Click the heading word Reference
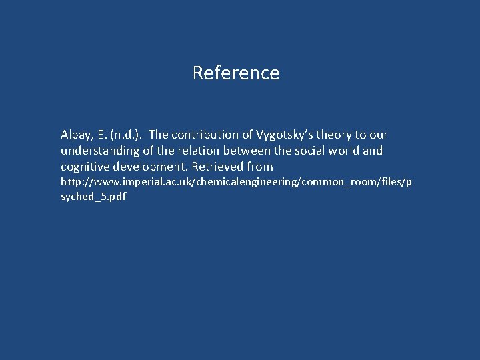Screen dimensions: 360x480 (235, 73)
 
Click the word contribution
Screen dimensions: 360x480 (212, 135)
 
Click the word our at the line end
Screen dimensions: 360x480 (378, 135)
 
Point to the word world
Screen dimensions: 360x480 (344, 151)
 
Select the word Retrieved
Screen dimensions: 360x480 (218, 166)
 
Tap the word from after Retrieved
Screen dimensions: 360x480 (260, 166)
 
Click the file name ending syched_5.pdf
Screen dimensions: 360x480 (93, 197)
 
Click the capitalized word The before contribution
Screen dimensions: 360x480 (160, 135)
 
